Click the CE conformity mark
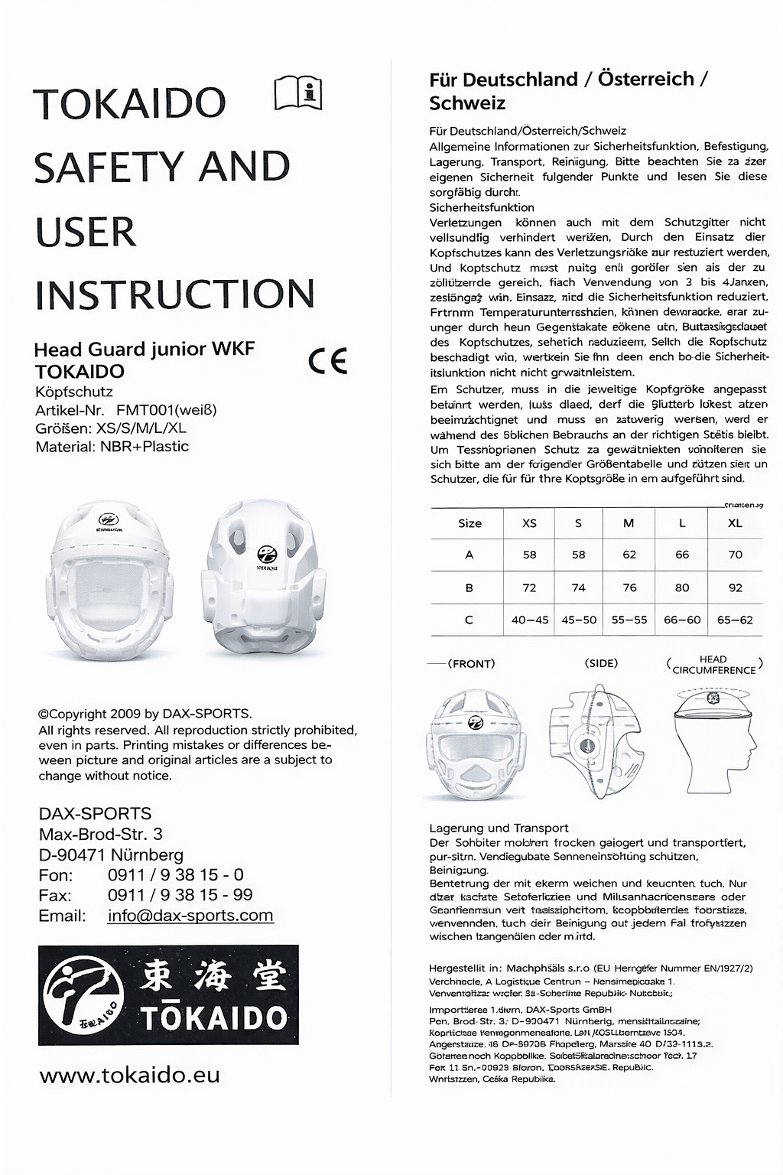coord(328,360)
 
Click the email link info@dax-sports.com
coord(190,916)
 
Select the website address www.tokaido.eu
coord(129,1075)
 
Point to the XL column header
coord(735,523)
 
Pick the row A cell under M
coord(629,555)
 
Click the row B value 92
coord(735,587)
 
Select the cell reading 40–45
coord(530,620)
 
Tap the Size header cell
coord(469,523)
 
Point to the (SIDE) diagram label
coord(601,663)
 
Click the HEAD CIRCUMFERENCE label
coord(713,665)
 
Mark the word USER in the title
coord(86,233)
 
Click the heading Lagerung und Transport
coord(499,828)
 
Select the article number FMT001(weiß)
coord(167,410)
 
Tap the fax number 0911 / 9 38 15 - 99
coord(180,895)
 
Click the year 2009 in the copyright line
coord(125,714)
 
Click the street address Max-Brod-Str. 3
coord(100,834)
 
